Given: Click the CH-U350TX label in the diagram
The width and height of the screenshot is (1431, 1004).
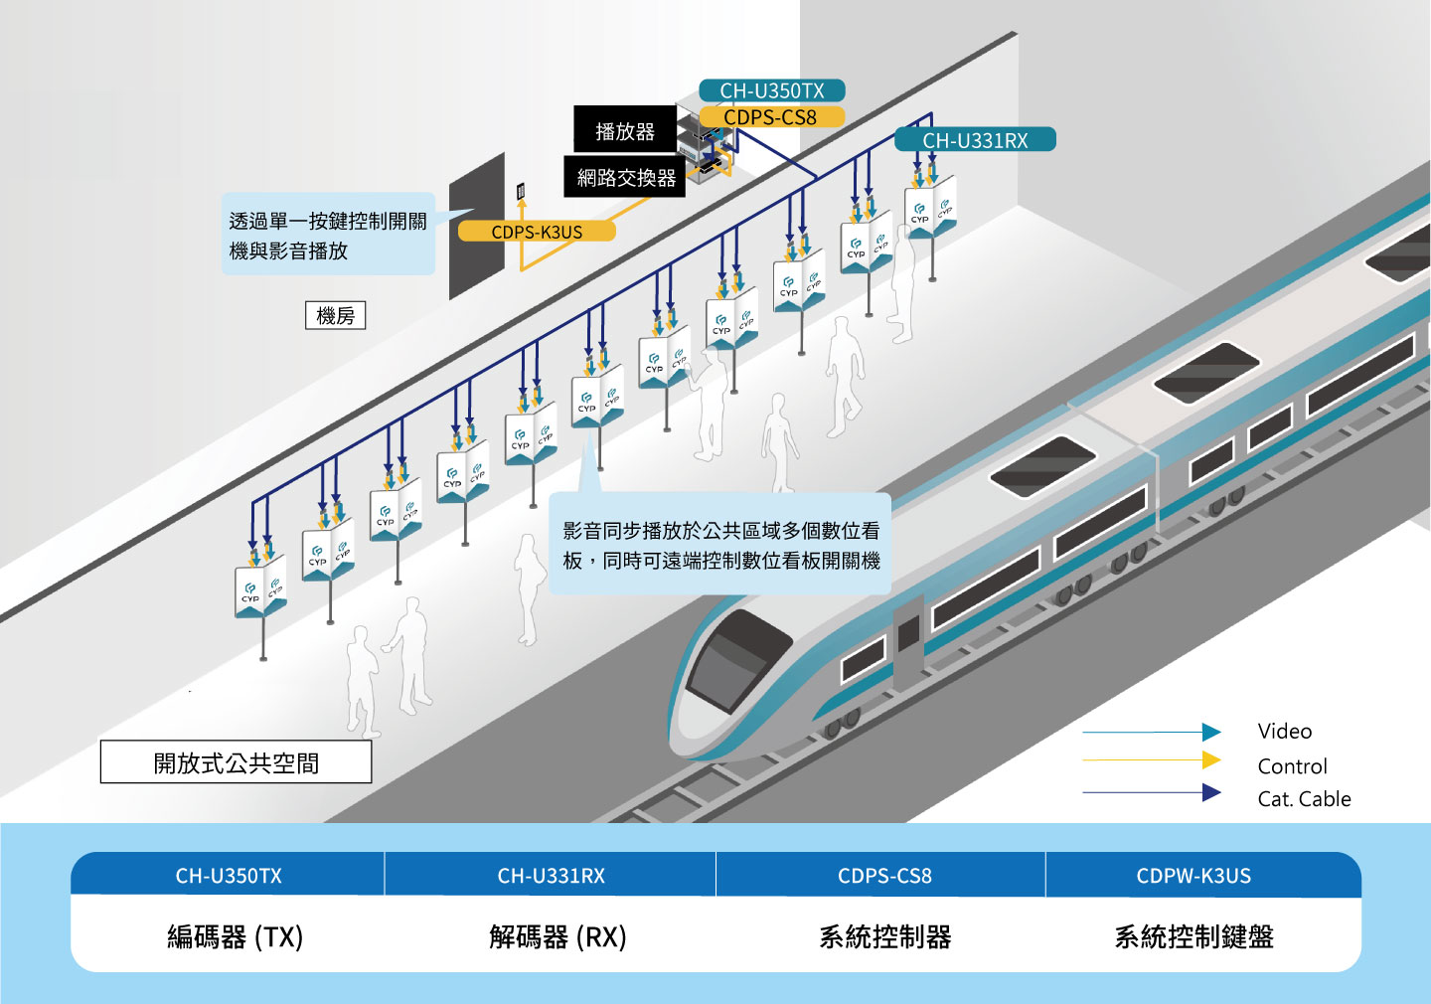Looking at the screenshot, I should (x=772, y=90).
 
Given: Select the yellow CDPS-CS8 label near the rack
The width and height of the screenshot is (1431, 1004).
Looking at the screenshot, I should (x=770, y=117).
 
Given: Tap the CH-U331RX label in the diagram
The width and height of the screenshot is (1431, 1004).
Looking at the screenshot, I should (x=975, y=140).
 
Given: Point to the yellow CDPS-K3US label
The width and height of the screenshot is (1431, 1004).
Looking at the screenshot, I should (x=537, y=232).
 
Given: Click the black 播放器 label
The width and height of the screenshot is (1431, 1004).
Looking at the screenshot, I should (x=624, y=130).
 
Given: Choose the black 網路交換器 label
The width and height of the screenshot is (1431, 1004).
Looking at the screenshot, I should (x=625, y=177).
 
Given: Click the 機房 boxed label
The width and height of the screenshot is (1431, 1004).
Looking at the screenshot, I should (x=335, y=316).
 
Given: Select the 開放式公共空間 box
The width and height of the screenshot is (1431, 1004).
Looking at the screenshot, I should (x=236, y=762).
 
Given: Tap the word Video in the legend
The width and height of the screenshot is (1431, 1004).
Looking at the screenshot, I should (x=1284, y=732).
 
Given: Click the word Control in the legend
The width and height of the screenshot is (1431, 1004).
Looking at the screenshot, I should (x=1292, y=766).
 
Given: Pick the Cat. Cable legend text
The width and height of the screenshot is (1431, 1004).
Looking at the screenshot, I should (x=1304, y=799).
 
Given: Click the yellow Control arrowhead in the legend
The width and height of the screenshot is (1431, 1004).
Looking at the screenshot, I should (x=1211, y=760).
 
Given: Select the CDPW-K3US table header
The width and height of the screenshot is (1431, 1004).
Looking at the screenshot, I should (x=1193, y=876).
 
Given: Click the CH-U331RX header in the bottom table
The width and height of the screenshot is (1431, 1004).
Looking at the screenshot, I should (x=551, y=876).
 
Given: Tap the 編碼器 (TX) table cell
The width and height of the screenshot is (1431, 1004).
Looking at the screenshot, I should (x=235, y=936).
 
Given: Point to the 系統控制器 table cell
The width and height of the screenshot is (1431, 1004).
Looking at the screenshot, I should (x=884, y=936).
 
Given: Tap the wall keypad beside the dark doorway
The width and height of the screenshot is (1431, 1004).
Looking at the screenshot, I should (x=521, y=190).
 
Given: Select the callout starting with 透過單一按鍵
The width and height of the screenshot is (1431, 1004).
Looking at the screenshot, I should (x=328, y=235).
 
